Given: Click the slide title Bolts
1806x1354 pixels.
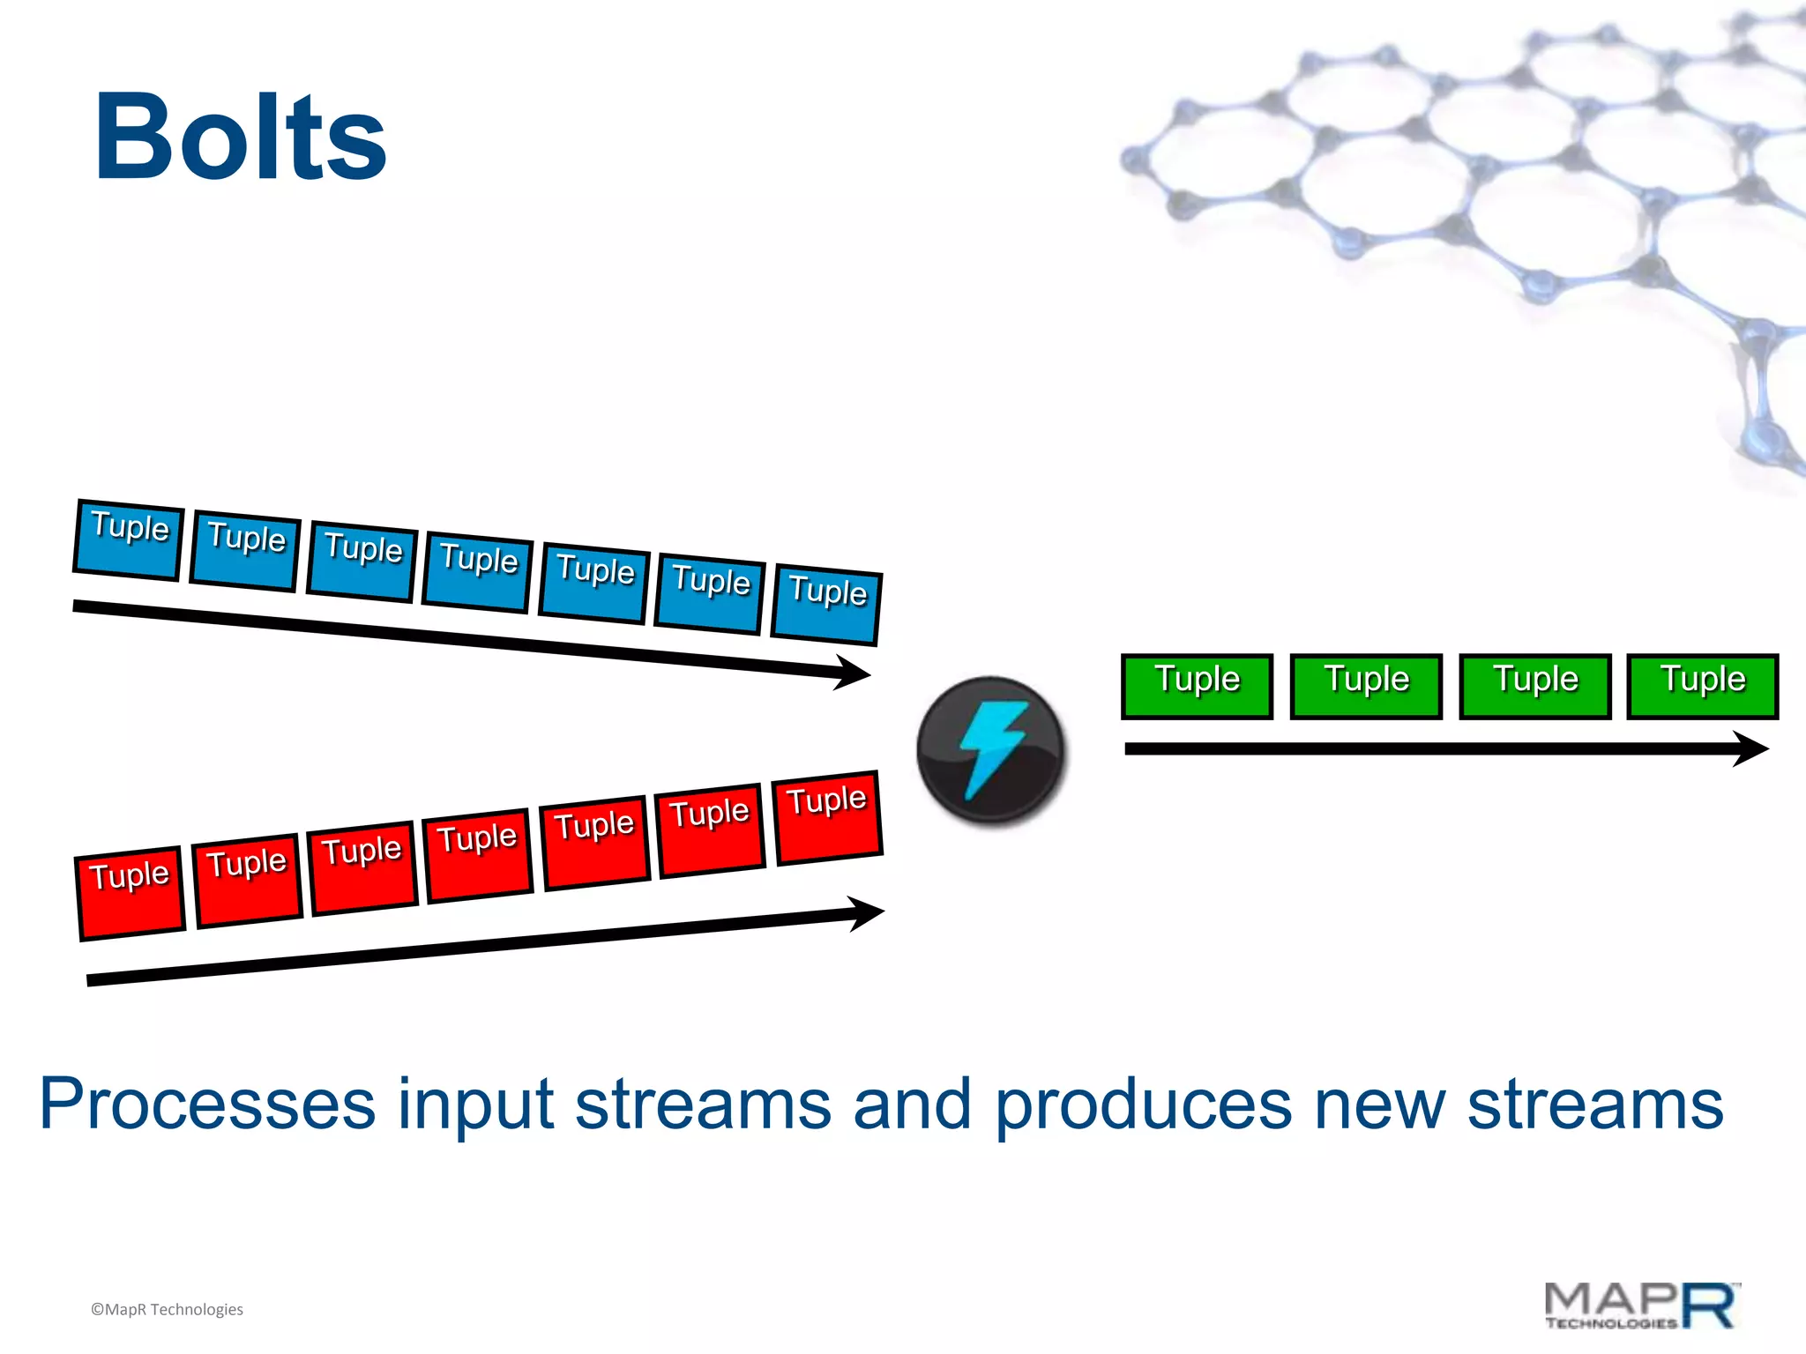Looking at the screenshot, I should [x=240, y=138].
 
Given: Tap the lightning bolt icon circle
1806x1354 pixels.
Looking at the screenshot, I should [x=990, y=750].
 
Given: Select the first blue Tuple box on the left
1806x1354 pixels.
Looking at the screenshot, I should [x=129, y=539].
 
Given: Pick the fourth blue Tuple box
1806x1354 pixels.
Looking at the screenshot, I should [x=478, y=572].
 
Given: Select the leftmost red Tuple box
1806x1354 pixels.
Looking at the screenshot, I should [x=131, y=893].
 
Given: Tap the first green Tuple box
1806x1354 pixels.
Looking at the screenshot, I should [x=1197, y=686].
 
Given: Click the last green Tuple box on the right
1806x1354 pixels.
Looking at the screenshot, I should [x=1702, y=686].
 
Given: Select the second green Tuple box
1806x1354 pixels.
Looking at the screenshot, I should [x=1365, y=686].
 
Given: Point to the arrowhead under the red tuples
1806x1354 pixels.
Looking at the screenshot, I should [x=868, y=914].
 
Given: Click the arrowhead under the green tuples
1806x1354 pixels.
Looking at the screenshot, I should [x=1751, y=748].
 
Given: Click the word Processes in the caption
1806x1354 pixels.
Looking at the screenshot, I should [x=207, y=1104].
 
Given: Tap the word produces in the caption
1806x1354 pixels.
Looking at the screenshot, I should [x=1143, y=1105].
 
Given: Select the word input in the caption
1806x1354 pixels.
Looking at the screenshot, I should [x=475, y=1105].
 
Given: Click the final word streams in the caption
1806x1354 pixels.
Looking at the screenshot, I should [x=1594, y=1104].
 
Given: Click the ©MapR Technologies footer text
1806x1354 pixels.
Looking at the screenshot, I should [x=167, y=1309].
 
